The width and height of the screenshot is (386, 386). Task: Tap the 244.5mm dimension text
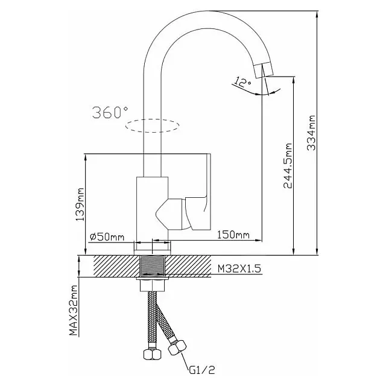coord(288,166)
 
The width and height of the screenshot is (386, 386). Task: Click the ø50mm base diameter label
coord(107,236)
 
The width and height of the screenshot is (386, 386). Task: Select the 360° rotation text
coord(110,112)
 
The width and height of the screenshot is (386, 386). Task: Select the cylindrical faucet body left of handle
coord(151,208)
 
